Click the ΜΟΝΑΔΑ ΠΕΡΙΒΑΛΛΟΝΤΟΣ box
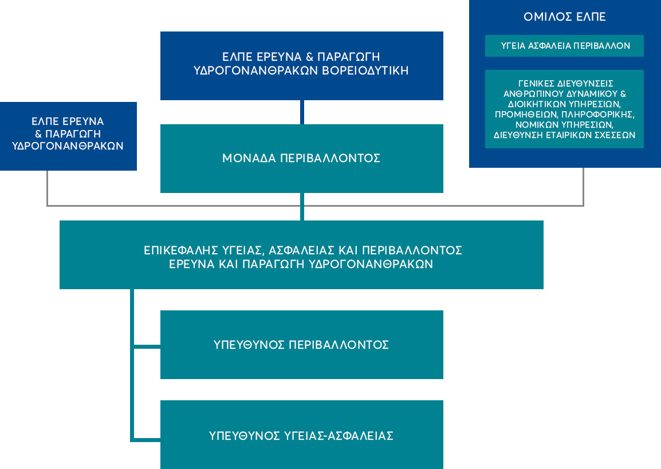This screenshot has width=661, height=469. tap(301, 159)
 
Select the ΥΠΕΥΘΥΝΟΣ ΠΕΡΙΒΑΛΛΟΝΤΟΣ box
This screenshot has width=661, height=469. tap(301, 345)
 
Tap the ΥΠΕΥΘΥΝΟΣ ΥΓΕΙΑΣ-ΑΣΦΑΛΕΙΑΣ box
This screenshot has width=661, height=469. tap(301, 435)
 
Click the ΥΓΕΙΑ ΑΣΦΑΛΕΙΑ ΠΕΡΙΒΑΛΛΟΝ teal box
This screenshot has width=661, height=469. tap(564, 46)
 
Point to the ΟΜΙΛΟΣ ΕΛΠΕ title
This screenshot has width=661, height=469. tap(564, 17)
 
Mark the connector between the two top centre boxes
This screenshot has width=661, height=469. tap(302, 112)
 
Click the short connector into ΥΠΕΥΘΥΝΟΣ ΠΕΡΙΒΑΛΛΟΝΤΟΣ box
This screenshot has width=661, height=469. tap(147, 345)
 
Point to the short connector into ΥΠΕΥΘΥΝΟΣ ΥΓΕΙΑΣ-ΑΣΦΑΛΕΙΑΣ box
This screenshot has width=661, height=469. tap(147, 440)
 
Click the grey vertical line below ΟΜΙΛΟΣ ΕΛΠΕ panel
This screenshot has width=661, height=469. tap(583, 186)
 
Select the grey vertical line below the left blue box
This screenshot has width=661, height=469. tap(47, 187)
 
